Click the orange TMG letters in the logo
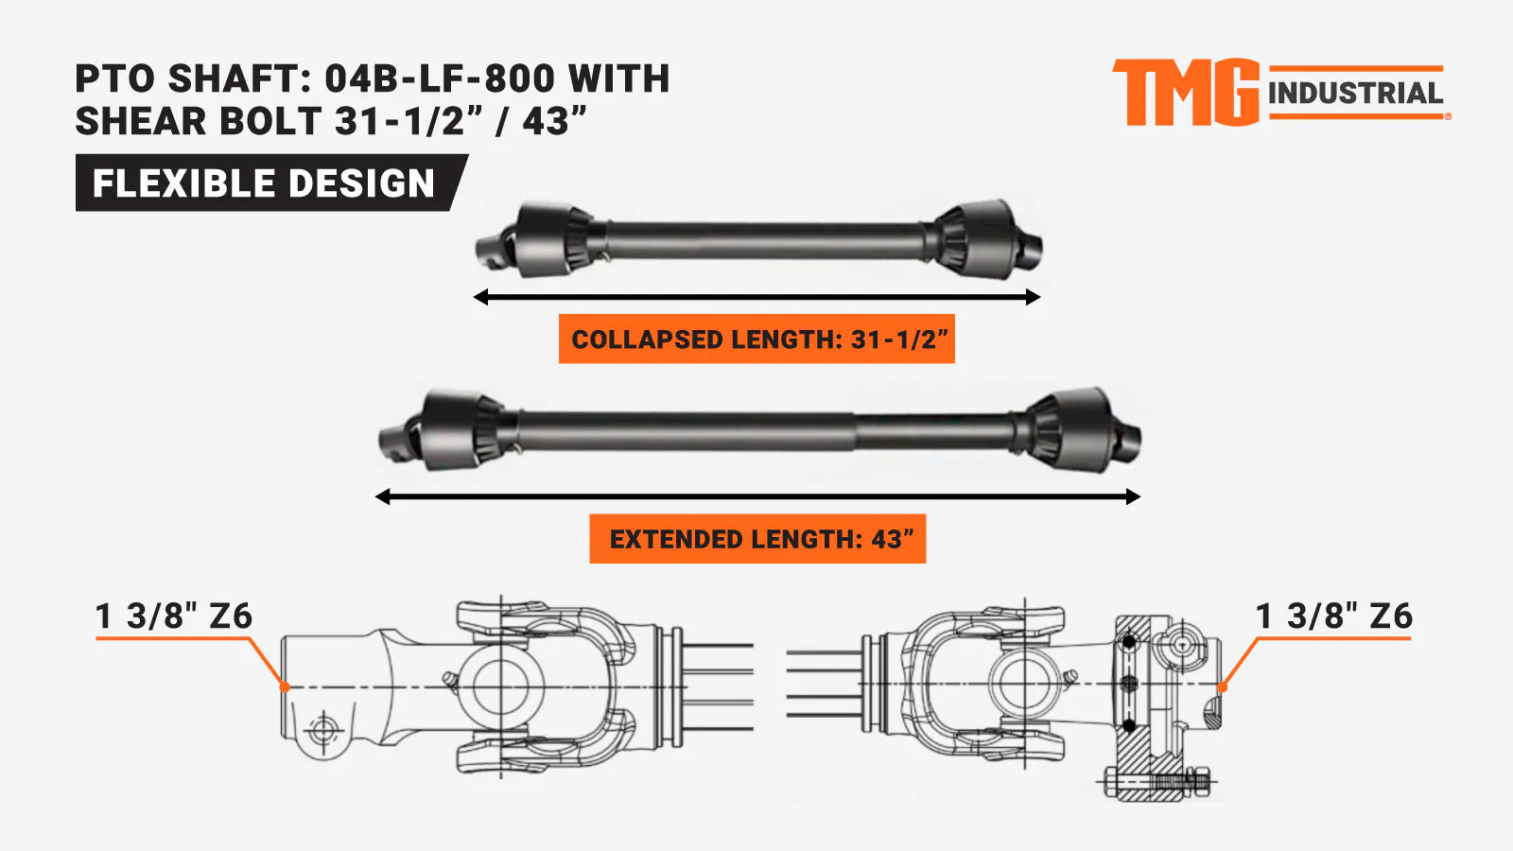[x=1186, y=93]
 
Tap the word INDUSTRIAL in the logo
[x=1356, y=94]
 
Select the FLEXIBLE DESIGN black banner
[x=271, y=182]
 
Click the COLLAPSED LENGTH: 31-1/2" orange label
[x=756, y=339]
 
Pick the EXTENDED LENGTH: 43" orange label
[x=757, y=538]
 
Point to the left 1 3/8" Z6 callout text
[x=174, y=616]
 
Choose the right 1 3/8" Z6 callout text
[x=1334, y=616]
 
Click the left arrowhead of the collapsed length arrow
[x=481, y=297]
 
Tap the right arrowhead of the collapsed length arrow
[x=1033, y=297]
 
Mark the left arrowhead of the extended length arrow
[x=383, y=497]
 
